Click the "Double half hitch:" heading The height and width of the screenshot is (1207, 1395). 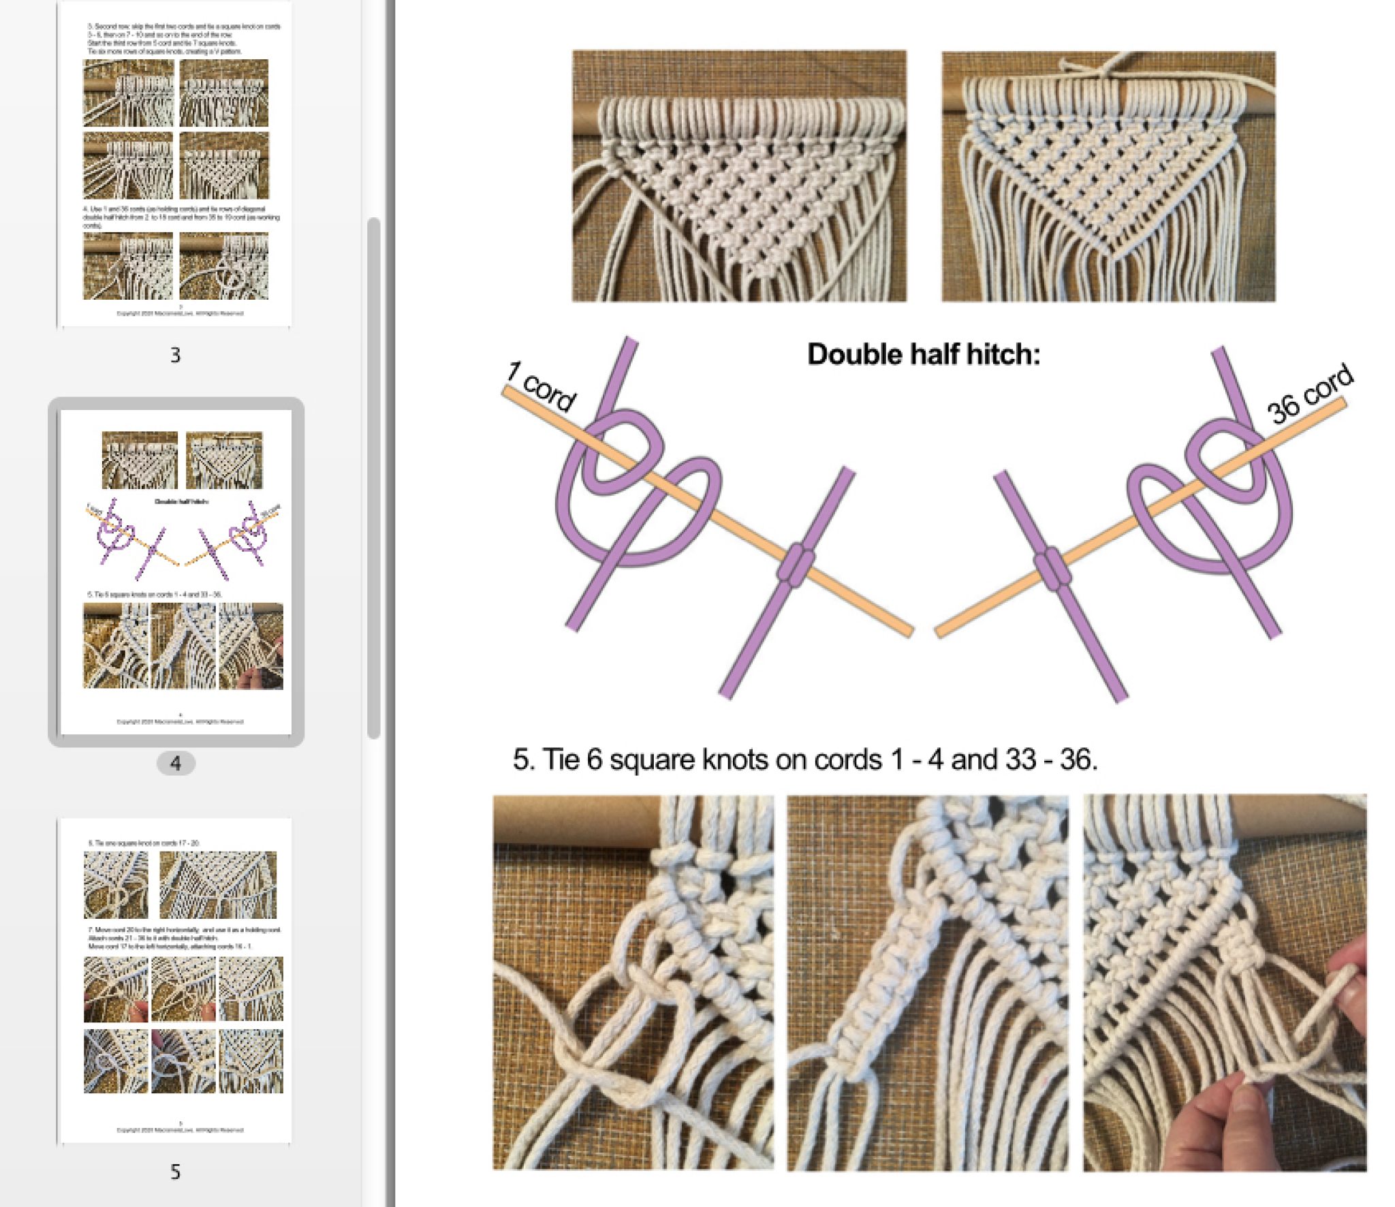pyautogui.click(x=923, y=354)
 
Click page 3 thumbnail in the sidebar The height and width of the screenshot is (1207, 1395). pyautogui.click(x=176, y=163)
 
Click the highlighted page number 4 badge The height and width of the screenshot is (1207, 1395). pyautogui.click(x=176, y=763)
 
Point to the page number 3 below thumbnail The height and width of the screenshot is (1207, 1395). pyautogui.click(x=176, y=355)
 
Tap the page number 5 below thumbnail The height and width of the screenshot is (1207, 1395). pyautogui.click(x=176, y=1172)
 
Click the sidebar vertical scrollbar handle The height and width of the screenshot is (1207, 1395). pyautogui.click(x=373, y=477)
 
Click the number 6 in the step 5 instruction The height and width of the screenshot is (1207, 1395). pyautogui.click(x=594, y=759)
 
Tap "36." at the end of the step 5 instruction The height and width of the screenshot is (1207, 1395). pyautogui.click(x=1078, y=759)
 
